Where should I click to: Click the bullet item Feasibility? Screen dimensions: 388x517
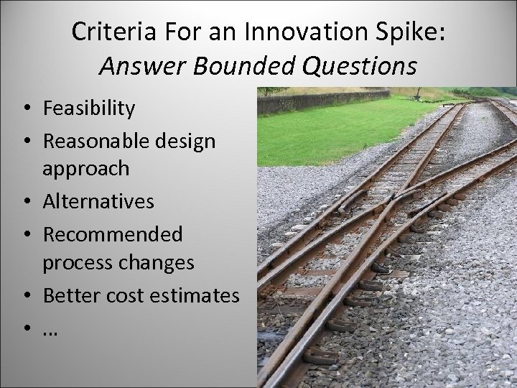(88, 108)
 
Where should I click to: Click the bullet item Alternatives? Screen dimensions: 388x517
(98, 201)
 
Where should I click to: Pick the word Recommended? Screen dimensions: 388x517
(113, 234)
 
